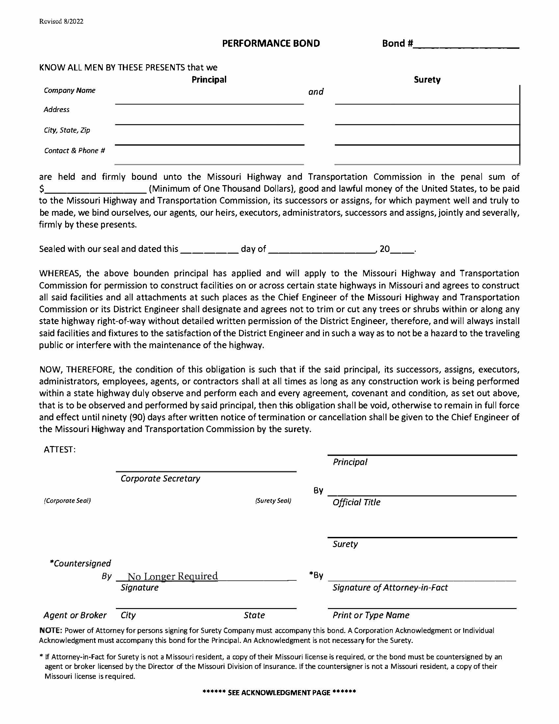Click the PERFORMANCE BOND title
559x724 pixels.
click(x=271, y=43)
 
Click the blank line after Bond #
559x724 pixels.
click(x=466, y=46)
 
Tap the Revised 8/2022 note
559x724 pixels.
click(x=61, y=21)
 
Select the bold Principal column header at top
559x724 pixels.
click(x=209, y=80)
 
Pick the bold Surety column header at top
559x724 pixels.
click(x=427, y=80)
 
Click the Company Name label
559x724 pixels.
click(x=69, y=91)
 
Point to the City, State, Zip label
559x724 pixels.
click(x=67, y=130)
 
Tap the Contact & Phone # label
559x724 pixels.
click(x=74, y=151)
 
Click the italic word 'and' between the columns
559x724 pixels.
click(x=316, y=92)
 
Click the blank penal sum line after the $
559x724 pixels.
click(x=96, y=190)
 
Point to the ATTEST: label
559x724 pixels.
click(x=60, y=450)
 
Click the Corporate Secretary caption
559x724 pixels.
click(x=160, y=479)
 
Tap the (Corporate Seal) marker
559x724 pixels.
click(x=67, y=501)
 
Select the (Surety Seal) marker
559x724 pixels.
click(x=273, y=501)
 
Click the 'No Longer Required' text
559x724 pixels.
click(x=173, y=576)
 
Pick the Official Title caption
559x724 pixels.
click(x=356, y=503)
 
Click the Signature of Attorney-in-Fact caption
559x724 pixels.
click(x=390, y=588)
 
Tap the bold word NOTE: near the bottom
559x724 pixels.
click(x=51, y=630)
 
